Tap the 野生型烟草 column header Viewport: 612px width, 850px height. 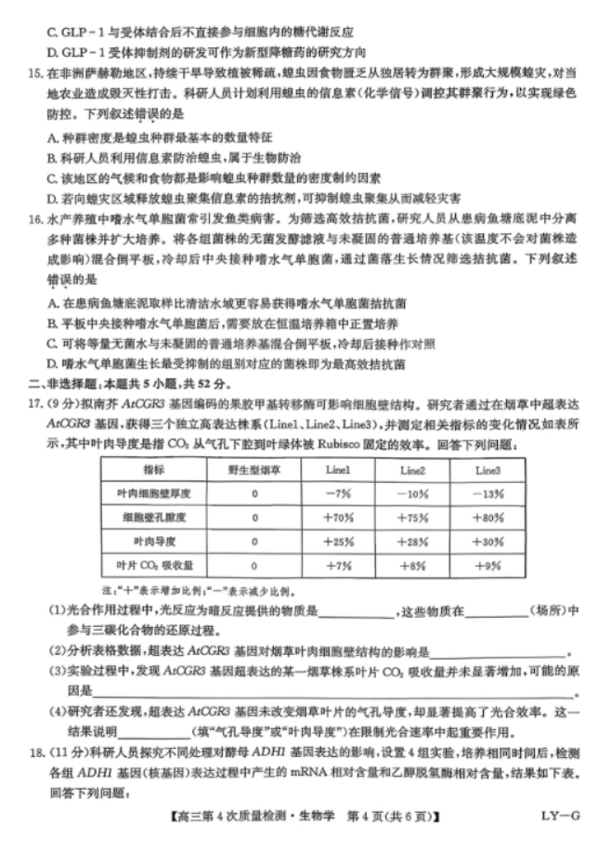point(252,469)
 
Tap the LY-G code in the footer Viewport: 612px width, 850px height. point(561,817)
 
